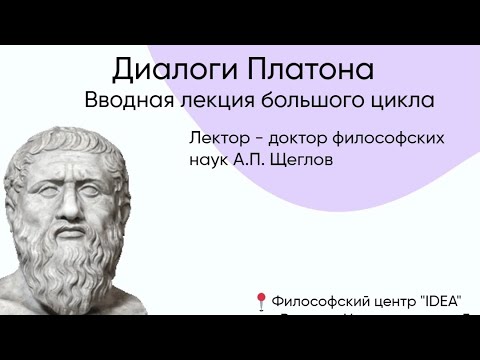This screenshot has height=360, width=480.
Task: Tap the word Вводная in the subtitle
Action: pos(127,101)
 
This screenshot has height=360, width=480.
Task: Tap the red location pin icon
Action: pos(261,300)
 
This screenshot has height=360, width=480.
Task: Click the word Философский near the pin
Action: pos(320,300)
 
